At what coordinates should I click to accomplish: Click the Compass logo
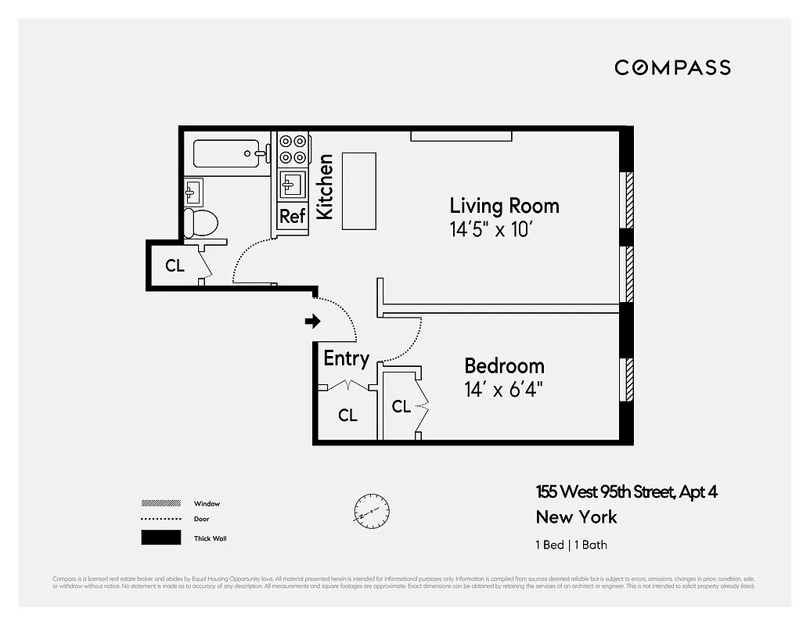672,68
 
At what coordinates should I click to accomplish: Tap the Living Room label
504,206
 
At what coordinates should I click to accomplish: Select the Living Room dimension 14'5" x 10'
494,230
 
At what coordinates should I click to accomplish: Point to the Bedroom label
504,365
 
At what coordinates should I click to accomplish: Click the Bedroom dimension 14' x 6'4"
503,389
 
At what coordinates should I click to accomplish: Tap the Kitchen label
325,186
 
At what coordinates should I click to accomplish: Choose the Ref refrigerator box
292,217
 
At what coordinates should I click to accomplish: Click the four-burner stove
293,149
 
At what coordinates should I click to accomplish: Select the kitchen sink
293,185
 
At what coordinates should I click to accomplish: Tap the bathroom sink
193,190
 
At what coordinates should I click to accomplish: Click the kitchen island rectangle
358,191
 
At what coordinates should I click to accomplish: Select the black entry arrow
313,321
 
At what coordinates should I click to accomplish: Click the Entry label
346,358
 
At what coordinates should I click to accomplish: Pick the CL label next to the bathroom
175,266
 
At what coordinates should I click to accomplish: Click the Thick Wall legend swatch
160,538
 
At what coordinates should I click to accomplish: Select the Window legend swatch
160,503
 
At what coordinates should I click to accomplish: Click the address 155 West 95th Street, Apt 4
626,492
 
